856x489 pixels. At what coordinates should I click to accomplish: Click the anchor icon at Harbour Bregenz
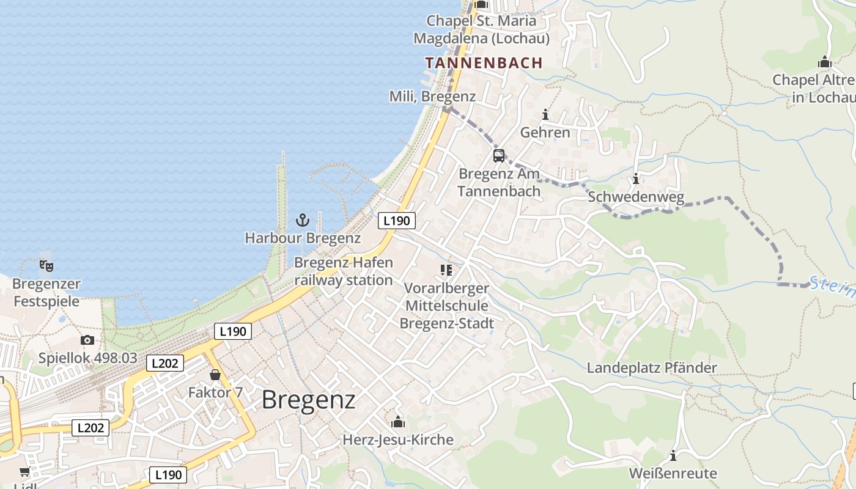coord(303,220)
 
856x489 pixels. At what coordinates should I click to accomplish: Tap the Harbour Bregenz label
coord(303,238)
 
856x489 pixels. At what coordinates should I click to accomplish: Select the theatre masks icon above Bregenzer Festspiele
coord(46,266)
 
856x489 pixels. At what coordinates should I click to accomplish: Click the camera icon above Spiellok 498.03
coord(87,340)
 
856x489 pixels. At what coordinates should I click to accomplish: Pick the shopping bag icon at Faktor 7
coord(215,375)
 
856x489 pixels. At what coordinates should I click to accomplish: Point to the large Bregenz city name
coord(308,400)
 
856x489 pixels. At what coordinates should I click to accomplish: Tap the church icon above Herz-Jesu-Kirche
coord(398,422)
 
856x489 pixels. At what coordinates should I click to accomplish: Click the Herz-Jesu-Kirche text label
coord(398,440)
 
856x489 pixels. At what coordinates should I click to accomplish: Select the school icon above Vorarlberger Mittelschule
coord(446,270)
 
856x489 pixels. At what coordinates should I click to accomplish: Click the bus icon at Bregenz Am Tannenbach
coord(499,155)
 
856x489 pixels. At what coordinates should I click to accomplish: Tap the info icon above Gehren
coord(545,115)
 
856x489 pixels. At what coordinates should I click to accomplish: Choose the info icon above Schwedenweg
coord(636,179)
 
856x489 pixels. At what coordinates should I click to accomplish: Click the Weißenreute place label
coord(673,474)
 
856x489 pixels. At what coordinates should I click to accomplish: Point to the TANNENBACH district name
coord(484,63)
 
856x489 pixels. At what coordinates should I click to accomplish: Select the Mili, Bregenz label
coord(432,97)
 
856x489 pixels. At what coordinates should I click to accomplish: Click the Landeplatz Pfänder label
coord(652,368)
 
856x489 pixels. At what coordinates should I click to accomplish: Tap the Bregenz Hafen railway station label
coord(344,271)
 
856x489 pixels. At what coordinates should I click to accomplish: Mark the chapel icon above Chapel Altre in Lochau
coord(825,62)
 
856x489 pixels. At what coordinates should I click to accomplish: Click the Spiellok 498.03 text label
coord(88,358)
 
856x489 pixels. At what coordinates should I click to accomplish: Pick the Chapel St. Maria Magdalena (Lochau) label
coord(481,29)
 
